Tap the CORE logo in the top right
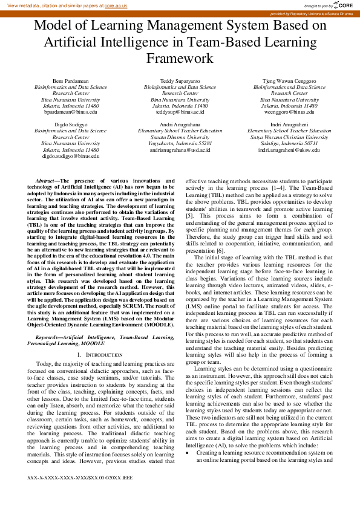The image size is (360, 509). click(344, 5)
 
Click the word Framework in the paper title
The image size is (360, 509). click(180, 59)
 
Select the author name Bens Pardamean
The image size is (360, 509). click(71, 80)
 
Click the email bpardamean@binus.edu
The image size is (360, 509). click(71, 112)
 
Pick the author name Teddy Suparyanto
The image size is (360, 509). click(180, 80)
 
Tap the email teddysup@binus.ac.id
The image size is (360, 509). click(180, 112)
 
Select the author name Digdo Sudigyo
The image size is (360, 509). click(71, 124)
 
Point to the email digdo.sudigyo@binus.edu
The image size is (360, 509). click(71, 156)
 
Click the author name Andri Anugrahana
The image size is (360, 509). click(180, 124)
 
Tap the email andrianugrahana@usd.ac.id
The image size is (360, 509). click(180, 149)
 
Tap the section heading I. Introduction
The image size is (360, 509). click(100, 354)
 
